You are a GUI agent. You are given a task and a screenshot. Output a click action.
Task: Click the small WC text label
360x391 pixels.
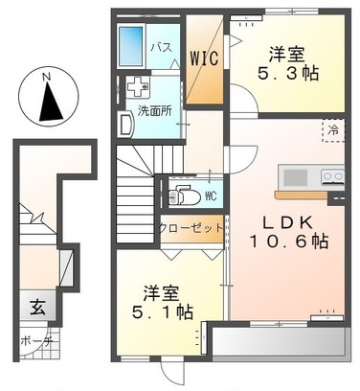click(x=211, y=196)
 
